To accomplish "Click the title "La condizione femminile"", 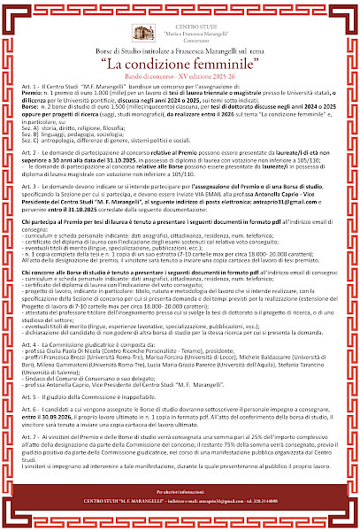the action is point(180,65).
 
